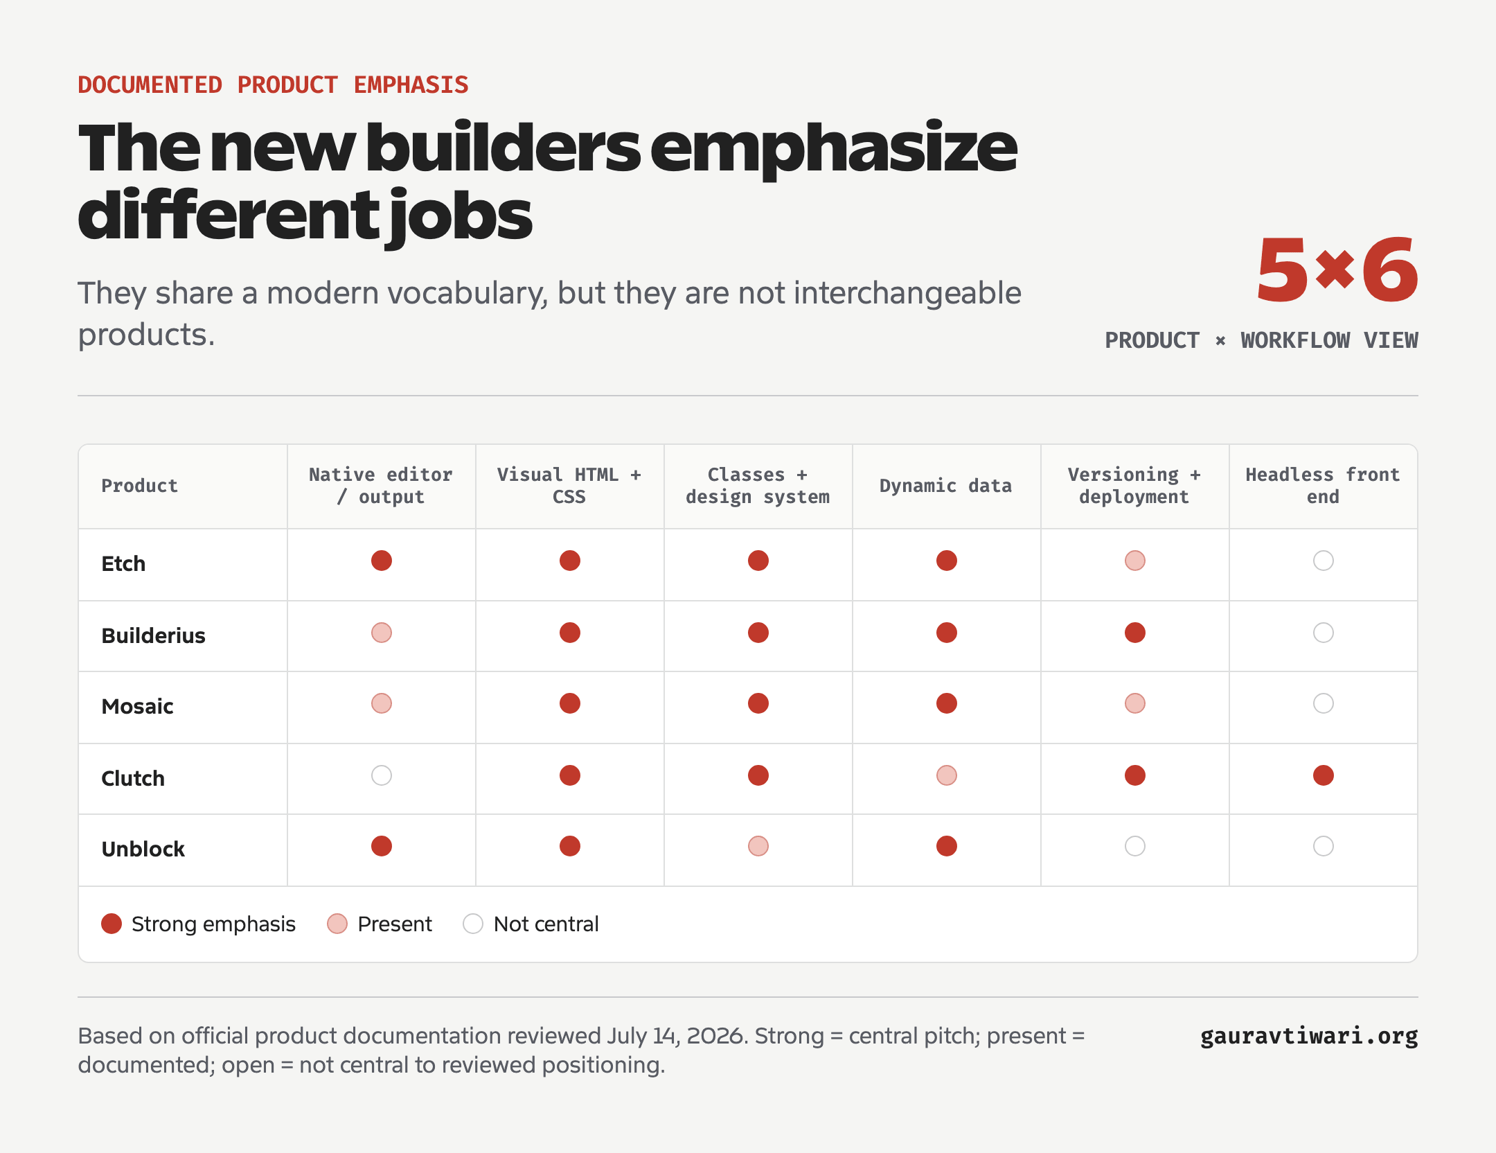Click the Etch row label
tap(123, 563)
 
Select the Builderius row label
tap(153, 635)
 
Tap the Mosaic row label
tap(137, 706)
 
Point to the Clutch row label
tap(133, 778)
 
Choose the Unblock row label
tap(143, 849)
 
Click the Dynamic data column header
tap(945, 486)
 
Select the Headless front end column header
tap(1323, 486)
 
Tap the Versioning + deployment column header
tap(1134, 486)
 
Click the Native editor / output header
tap(381, 486)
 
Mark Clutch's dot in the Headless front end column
tap(1324, 775)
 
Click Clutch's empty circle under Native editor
tap(382, 775)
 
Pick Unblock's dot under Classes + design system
tap(758, 846)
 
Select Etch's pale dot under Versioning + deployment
tap(1135, 561)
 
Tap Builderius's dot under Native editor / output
tap(382, 633)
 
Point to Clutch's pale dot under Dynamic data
tap(947, 775)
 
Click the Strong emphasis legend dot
tap(112, 924)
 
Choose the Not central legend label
tap(546, 924)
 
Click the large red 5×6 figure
tap(1337, 270)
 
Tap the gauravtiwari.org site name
tap(1309, 1036)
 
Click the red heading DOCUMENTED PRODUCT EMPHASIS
tap(273, 85)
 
